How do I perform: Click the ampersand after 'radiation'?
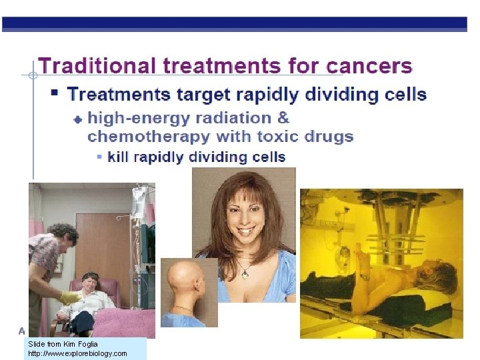point(283,118)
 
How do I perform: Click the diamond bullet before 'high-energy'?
point(77,119)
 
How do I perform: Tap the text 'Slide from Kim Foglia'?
point(63,344)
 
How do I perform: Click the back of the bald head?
point(180,281)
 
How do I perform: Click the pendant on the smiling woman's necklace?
point(246,271)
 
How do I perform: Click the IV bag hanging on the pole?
point(139,199)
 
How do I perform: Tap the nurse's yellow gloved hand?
point(69,298)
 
